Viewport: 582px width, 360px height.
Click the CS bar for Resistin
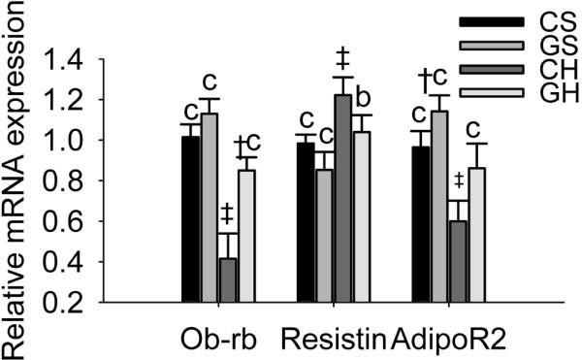(x=305, y=222)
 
